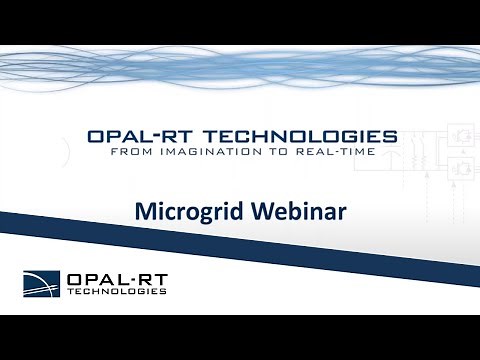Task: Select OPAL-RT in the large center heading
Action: click(140, 136)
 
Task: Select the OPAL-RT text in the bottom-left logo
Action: click(115, 277)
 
